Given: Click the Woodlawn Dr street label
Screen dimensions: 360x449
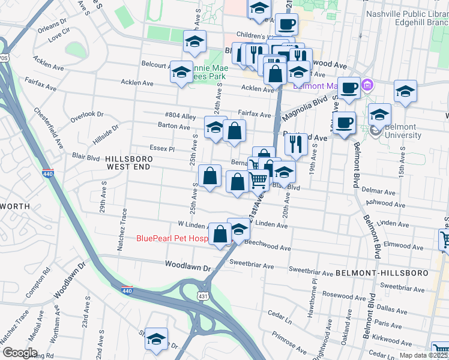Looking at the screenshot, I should click(x=189, y=264).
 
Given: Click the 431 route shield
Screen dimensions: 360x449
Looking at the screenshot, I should click(x=203, y=295).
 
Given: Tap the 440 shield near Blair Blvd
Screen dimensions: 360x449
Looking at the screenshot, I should click(x=47, y=173).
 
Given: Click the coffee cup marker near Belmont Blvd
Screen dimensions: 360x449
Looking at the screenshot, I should click(x=345, y=122).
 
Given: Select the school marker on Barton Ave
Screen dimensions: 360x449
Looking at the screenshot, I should click(x=215, y=127).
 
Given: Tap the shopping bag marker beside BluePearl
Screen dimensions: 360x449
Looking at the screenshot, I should click(x=220, y=233).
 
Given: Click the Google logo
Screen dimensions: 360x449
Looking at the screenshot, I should click(x=19, y=353).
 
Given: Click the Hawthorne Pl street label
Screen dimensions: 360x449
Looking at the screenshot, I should click(x=313, y=293).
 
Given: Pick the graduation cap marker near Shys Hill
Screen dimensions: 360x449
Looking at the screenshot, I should click(x=156, y=339).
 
